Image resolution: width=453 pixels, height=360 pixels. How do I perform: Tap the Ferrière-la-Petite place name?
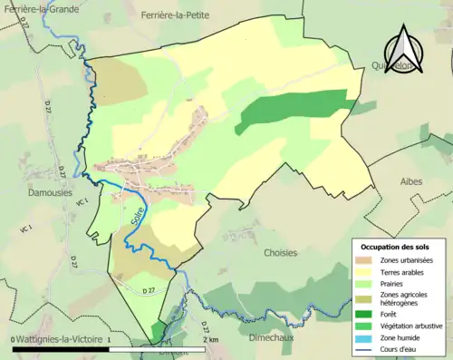[180, 15]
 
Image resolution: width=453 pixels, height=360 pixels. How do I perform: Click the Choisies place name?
[280, 253]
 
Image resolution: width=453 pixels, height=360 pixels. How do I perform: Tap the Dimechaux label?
[274, 337]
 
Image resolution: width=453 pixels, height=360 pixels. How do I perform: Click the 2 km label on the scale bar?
[211, 339]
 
